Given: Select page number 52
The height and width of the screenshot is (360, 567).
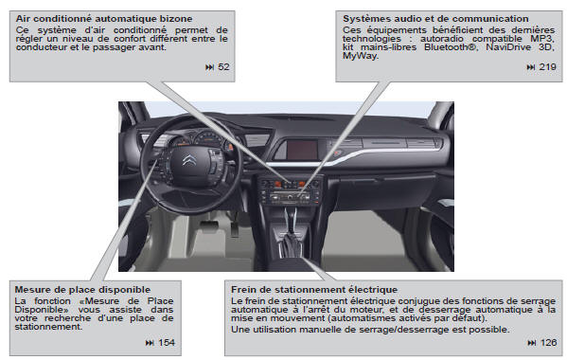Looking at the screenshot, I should (223, 67).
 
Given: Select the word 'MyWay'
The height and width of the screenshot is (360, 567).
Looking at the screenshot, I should (360, 55).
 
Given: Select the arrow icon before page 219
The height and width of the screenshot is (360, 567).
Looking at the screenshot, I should (530, 67).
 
